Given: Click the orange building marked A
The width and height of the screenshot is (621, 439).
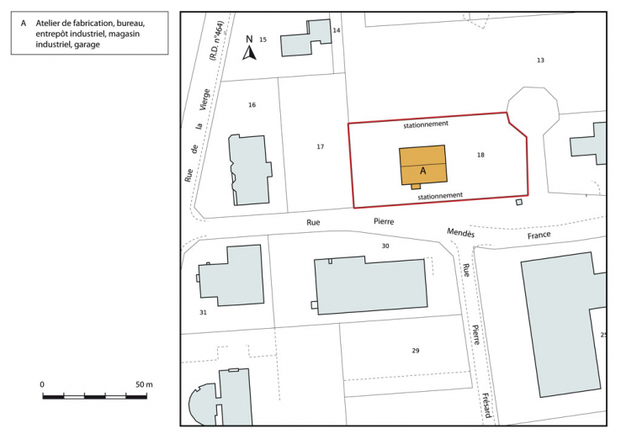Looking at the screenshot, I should pyautogui.click(x=422, y=164).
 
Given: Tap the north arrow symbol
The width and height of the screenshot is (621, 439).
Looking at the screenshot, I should pyautogui.click(x=249, y=50).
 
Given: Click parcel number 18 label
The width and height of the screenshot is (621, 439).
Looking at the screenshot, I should pyautogui.click(x=480, y=155).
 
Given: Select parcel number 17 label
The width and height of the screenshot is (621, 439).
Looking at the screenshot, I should pyautogui.click(x=320, y=147).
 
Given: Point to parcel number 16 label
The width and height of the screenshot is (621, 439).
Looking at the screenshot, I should pyautogui.click(x=252, y=104).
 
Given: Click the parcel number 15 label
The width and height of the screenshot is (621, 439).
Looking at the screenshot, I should pyautogui.click(x=263, y=40).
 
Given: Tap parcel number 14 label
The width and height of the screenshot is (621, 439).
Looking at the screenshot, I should pyautogui.click(x=337, y=30).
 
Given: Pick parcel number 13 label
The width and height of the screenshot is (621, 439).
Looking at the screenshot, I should pyautogui.click(x=540, y=60).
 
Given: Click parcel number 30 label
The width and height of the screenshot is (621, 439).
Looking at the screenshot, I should pyautogui.click(x=385, y=246).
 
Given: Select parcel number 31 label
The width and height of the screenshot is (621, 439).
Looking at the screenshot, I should pyautogui.click(x=203, y=312).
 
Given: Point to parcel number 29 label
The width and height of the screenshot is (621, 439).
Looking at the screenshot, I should pyautogui.click(x=415, y=350).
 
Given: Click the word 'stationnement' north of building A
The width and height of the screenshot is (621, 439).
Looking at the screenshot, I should pyautogui.click(x=426, y=124).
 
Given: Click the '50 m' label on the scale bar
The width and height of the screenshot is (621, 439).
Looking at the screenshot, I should pyautogui.click(x=144, y=384).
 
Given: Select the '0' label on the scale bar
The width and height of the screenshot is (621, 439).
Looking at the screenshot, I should pyautogui.click(x=42, y=384).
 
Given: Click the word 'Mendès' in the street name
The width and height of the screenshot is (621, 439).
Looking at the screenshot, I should pyautogui.click(x=460, y=231).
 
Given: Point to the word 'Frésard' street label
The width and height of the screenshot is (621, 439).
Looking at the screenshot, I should pyautogui.click(x=486, y=406).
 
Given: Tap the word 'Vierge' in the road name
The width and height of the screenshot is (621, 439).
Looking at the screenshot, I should pyautogui.click(x=203, y=99).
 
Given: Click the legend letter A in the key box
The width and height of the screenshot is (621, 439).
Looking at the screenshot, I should pyautogui.click(x=23, y=23).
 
